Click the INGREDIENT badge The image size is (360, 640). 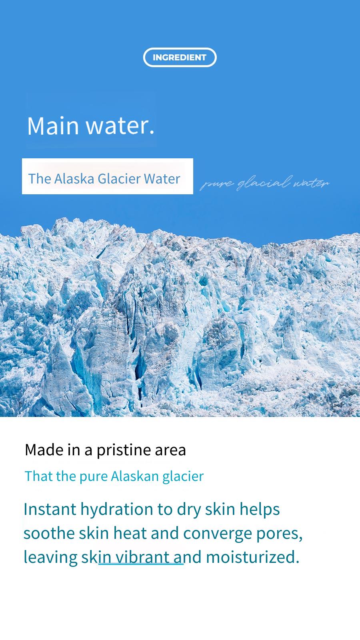pyautogui.click(x=180, y=57)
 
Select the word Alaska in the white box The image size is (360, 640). pyautogui.click(x=74, y=179)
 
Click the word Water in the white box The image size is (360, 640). pyautogui.click(x=162, y=179)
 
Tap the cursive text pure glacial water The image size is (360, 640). pyautogui.click(x=264, y=183)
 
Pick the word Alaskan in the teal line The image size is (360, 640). pyautogui.click(x=135, y=476)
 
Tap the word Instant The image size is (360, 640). pyautogui.click(x=50, y=509)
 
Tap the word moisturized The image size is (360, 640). pyautogui.click(x=252, y=557)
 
